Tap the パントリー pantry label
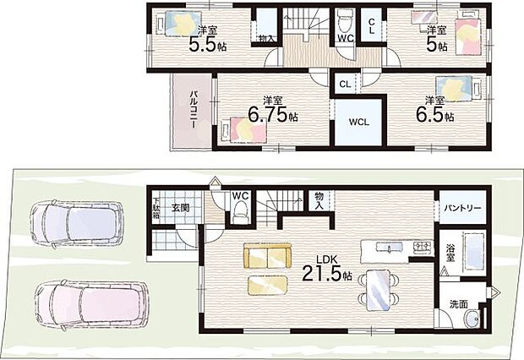point(462,208)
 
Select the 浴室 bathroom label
point(450,253)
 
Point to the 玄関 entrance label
point(181,208)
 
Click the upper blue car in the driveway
point(77,223)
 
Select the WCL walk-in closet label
point(359,122)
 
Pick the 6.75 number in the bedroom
point(268,115)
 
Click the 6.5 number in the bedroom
point(430,115)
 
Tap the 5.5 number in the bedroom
point(203,45)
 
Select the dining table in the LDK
point(378,290)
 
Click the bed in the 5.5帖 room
point(179,24)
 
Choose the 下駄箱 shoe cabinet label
point(156,209)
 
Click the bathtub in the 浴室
point(474,252)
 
